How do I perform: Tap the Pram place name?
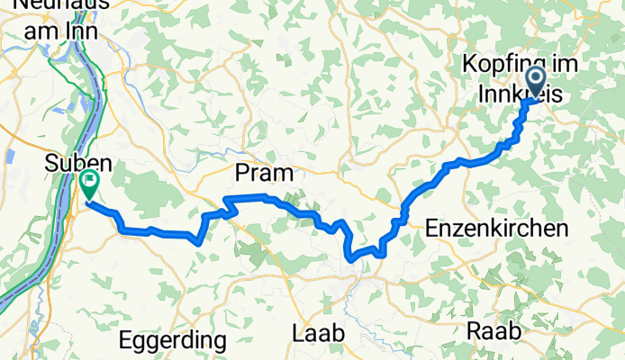pos(259,172)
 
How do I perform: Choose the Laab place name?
pos(319,333)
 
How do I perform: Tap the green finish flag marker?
pos(90,184)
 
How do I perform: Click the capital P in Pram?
pos(240,172)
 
